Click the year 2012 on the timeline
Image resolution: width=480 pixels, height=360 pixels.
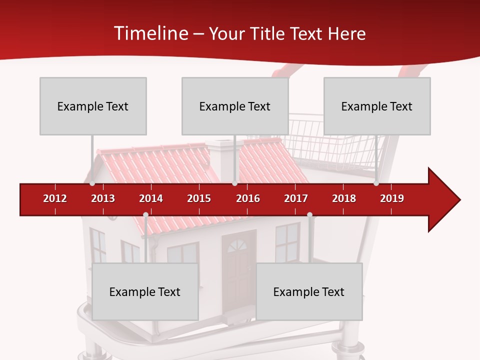pos(55,198)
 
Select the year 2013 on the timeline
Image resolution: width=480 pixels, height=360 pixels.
pos(103,198)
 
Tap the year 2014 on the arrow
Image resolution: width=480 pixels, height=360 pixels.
pos(151,198)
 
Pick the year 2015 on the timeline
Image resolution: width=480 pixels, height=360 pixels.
pos(199,198)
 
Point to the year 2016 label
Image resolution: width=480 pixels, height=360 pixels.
pos(248,198)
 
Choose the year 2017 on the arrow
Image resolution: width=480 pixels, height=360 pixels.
pos(296,198)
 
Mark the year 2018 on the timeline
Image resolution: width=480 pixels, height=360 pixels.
pos(344,198)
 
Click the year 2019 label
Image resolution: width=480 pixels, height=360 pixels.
pos(392,198)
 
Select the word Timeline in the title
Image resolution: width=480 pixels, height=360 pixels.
pos(149,33)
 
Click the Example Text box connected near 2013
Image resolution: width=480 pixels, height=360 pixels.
pos(93,106)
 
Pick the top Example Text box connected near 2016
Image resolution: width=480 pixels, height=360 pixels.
pos(235,106)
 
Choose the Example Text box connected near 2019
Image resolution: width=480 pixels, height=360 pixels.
pos(377,106)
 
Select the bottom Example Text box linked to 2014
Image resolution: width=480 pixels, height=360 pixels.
pos(145,291)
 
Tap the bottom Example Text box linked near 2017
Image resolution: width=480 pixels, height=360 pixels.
pos(309,291)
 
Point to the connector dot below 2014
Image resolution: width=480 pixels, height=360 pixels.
pos(145,215)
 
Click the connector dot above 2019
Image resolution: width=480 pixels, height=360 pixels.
pos(376,183)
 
